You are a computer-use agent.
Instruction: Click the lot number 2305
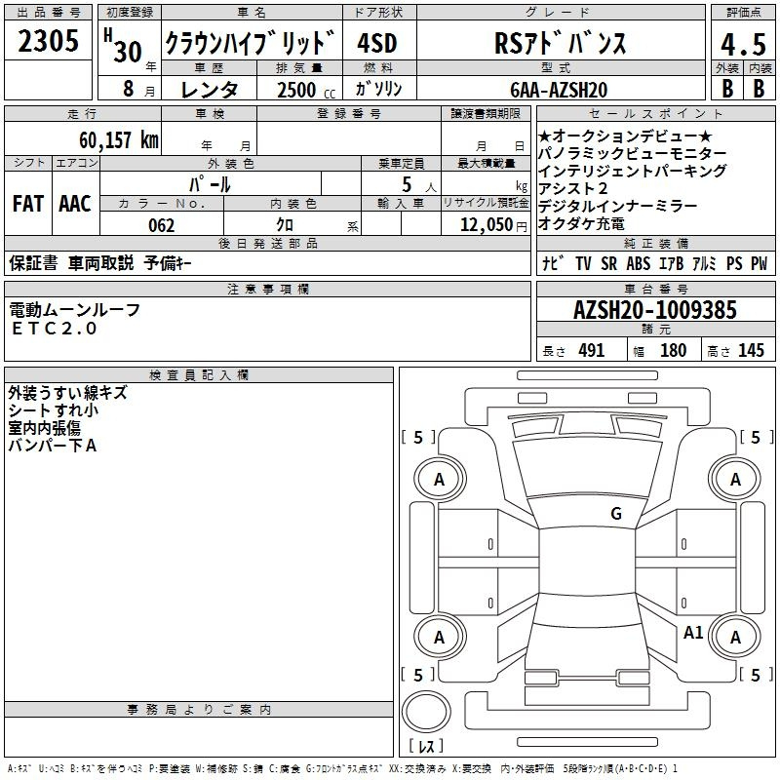click(48, 41)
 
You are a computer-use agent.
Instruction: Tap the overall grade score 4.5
click(743, 45)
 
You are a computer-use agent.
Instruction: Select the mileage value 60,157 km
click(119, 139)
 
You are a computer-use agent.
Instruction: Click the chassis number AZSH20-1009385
click(655, 310)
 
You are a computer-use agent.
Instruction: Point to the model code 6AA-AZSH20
click(559, 90)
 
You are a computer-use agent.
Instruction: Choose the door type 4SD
click(377, 44)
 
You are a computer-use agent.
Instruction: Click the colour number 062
click(162, 225)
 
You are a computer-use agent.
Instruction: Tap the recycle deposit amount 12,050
click(487, 225)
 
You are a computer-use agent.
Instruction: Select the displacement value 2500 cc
click(306, 90)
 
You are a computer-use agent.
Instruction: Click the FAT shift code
click(28, 204)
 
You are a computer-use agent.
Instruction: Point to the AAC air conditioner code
click(75, 204)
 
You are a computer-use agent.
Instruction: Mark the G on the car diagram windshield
click(616, 514)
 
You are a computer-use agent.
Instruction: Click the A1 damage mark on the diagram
click(693, 633)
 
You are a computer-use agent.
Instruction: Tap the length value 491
click(592, 350)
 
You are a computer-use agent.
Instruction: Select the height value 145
click(751, 350)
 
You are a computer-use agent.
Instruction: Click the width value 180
click(673, 350)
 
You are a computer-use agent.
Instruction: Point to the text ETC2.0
click(55, 329)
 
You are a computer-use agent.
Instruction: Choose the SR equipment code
click(608, 263)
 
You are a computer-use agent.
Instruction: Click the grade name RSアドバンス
click(560, 43)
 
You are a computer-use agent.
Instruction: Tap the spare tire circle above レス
click(426, 711)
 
